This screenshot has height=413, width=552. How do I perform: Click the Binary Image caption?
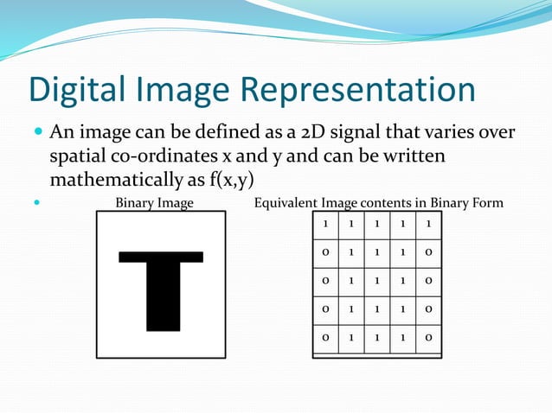point(154,204)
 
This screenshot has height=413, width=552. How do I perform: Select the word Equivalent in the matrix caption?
point(286,204)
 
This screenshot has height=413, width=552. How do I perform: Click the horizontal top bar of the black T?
point(161,257)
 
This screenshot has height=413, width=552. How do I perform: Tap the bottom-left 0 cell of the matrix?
point(325,338)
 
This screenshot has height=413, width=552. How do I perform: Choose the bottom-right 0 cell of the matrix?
point(428,338)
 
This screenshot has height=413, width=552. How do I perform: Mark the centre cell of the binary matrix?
point(377,282)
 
